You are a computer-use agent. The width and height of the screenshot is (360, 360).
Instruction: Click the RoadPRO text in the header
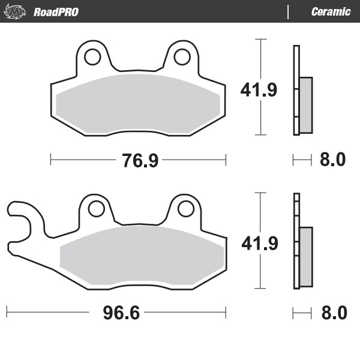(x=56, y=11)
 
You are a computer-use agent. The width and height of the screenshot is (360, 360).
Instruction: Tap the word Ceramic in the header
(x=331, y=11)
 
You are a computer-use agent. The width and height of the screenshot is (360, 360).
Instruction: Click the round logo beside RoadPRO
(x=17, y=11)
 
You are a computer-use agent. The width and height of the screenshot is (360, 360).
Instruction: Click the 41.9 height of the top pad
(x=259, y=91)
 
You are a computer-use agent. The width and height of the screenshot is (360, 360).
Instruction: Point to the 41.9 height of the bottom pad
(x=259, y=244)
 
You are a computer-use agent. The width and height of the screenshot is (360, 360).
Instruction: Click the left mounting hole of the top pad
(x=92, y=57)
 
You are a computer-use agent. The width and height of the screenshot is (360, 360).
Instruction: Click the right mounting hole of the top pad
(x=181, y=57)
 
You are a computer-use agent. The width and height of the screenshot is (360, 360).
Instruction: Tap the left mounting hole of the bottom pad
(x=95, y=209)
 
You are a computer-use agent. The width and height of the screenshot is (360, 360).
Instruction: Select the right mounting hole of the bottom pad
(x=184, y=209)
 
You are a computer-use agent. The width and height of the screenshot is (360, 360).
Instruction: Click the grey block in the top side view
(x=305, y=104)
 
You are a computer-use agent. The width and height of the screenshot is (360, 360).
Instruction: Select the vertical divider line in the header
(x=289, y=11)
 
